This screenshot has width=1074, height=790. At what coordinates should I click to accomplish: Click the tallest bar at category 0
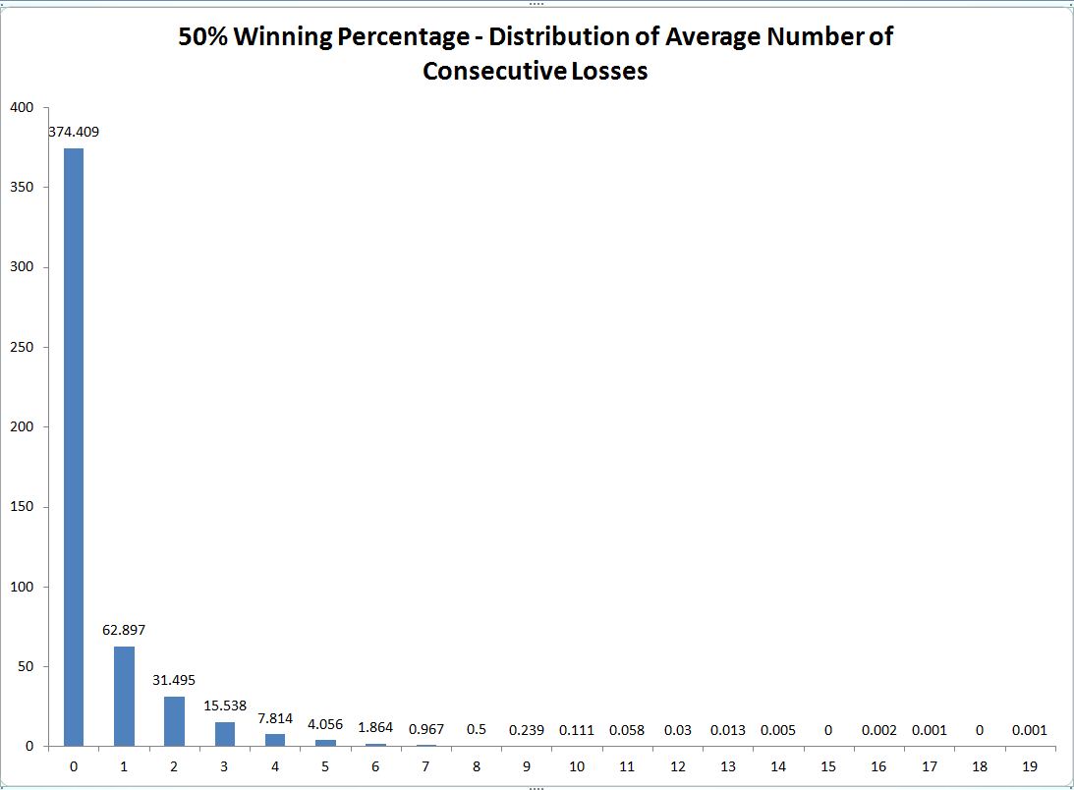click(x=74, y=447)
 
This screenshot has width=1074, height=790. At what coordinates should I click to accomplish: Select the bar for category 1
click(x=124, y=696)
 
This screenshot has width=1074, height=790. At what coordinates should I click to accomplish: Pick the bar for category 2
click(x=174, y=721)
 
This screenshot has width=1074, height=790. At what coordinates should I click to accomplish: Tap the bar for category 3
click(x=224, y=734)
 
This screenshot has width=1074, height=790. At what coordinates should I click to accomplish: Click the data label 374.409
click(x=74, y=131)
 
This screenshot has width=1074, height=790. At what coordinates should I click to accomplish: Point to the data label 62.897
click(x=124, y=629)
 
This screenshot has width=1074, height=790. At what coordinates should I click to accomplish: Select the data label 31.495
click(x=174, y=679)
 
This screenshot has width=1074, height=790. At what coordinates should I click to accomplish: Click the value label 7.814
click(x=274, y=718)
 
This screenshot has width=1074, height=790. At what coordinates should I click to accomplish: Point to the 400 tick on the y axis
click(x=21, y=107)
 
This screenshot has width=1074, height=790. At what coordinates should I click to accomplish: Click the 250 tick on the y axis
click(x=21, y=347)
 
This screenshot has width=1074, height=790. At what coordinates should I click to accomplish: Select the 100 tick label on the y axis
click(x=21, y=587)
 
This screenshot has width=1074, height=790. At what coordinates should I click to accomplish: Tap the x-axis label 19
click(x=1029, y=764)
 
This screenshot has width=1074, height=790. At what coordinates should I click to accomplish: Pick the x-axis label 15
click(x=827, y=764)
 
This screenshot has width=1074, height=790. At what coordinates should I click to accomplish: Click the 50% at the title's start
click(x=201, y=38)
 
